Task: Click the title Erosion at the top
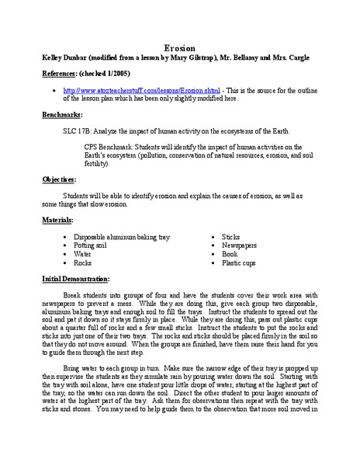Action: (179, 47)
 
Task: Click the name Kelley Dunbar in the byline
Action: (64, 58)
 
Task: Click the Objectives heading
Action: (61, 179)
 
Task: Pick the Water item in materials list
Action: (83, 253)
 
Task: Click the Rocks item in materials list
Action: (83, 263)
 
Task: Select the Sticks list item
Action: (231, 235)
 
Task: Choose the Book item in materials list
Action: (230, 253)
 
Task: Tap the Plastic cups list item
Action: (241, 263)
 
